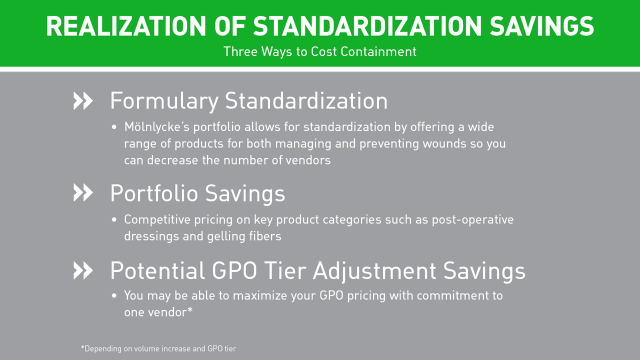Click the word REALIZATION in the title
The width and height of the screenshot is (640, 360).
[126, 26]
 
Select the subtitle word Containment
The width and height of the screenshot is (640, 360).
[378, 51]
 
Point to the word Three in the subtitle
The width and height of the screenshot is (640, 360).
[240, 51]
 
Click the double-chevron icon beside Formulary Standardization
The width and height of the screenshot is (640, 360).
[83, 100]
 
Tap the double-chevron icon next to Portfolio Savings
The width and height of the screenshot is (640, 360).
[83, 192]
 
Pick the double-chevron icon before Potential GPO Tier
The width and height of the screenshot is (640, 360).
[83, 270]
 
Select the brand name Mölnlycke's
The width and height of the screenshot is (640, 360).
[157, 127]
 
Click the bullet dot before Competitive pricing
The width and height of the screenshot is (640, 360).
[114, 219]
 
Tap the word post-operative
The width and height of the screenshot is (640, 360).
[472, 220]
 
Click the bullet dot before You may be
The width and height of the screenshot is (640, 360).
[114, 295]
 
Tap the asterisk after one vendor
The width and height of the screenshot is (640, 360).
[189, 309]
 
